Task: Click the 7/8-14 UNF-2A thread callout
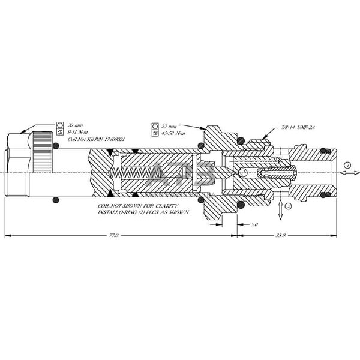(x=298, y=128)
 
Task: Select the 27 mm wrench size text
(x=169, y=127)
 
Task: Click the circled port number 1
(x=346, y=164)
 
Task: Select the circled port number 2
(x=289, y=206)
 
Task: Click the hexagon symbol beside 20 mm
(x=60, y=125)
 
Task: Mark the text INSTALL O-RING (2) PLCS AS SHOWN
(x=143, y=212)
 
